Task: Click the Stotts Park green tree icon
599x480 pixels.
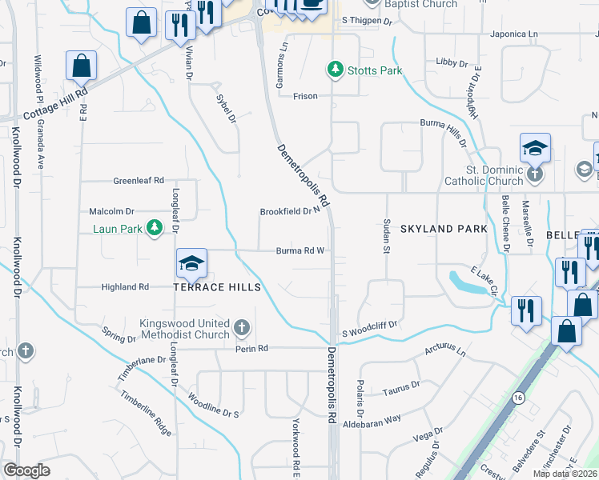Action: [336, 70]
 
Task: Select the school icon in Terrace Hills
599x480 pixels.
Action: [192, 262]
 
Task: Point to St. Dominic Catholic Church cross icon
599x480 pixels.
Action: [535, 174]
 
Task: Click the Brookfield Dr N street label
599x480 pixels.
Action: [290, 212]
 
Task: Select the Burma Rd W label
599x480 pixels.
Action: [299, 250]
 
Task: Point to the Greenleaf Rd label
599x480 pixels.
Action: [139, 181]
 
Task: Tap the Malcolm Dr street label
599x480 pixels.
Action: [112, 211]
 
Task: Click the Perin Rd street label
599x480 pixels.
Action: [250, 349]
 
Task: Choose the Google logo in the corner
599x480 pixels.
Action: [26, 470]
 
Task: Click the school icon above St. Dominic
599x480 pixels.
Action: [535, 148]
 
